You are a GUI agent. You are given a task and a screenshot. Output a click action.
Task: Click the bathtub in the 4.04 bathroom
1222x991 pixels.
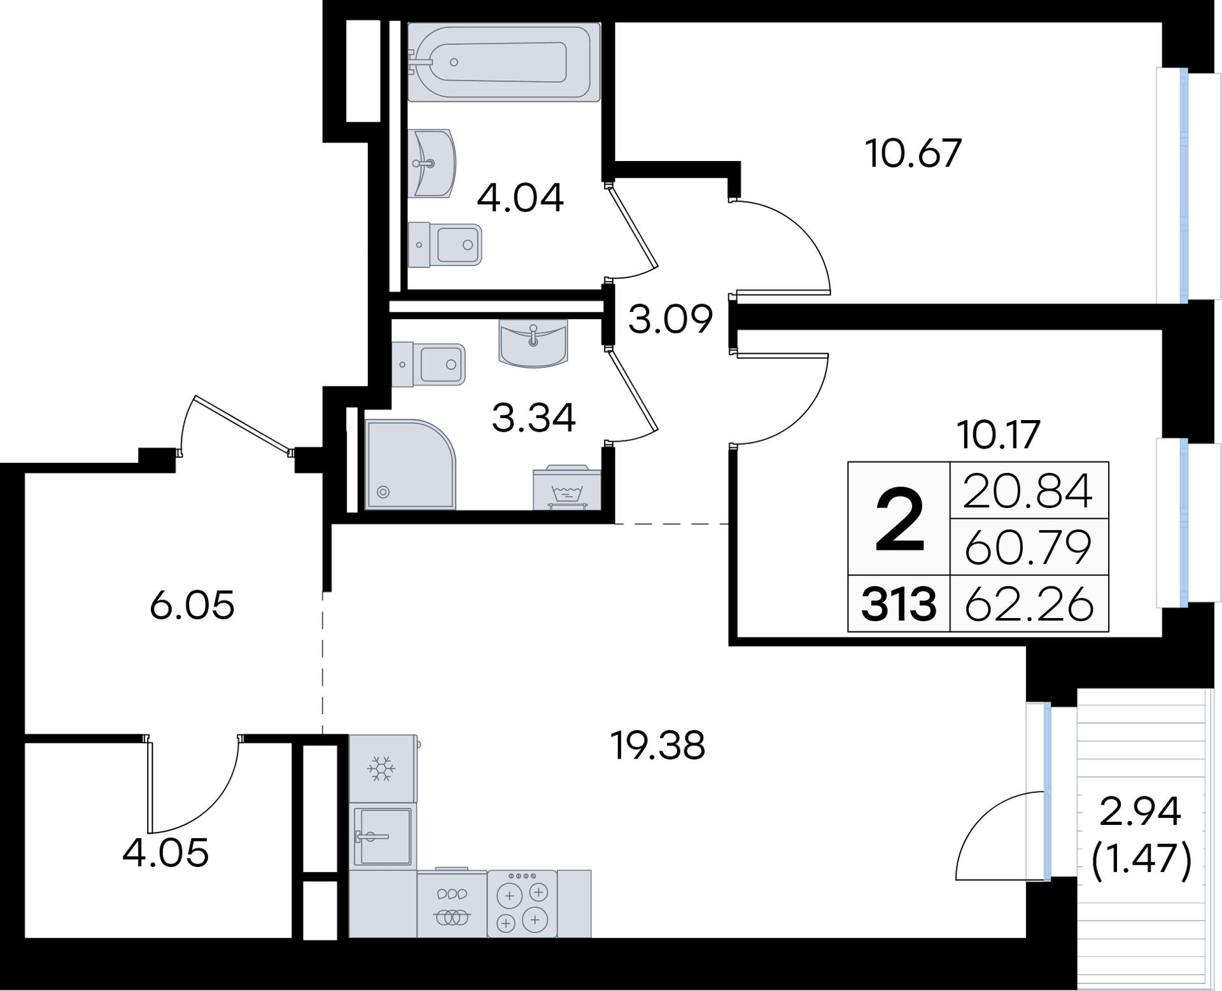[504, 62]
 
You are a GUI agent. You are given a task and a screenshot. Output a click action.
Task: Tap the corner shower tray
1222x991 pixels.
[411, 464]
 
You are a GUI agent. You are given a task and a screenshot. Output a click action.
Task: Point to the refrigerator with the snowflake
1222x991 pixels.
[383, 768]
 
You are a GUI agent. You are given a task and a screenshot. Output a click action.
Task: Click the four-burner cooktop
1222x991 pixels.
[523, 904]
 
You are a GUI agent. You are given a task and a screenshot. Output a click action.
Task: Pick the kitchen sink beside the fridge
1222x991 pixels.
[383, 836]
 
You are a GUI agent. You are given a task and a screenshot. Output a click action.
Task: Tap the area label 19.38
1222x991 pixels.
[657, 745]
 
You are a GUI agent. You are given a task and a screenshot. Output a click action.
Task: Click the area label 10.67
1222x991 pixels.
[913, 153]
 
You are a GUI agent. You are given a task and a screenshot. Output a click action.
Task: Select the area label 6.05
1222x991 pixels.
[192, 605]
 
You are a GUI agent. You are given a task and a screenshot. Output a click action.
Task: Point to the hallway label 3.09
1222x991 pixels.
[670, 320]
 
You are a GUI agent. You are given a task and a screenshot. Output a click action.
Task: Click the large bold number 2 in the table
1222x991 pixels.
[899, 519]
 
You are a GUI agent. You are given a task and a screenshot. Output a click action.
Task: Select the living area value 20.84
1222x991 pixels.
[1028, 491]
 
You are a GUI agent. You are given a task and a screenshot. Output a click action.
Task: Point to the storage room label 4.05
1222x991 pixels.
[165, 854]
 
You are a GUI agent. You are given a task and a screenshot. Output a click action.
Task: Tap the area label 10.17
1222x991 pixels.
[999, 434]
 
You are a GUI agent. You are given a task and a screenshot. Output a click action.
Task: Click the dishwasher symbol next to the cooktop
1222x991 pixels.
[452, 904]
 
